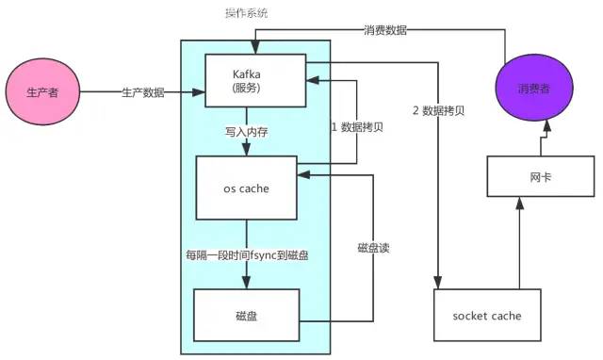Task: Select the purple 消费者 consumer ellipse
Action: point(534,90)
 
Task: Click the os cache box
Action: point(246,188)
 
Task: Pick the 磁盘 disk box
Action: point(246,315)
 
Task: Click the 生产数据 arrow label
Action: point(142,92)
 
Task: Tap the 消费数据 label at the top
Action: point(385,30)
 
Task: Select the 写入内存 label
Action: point(247,132)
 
